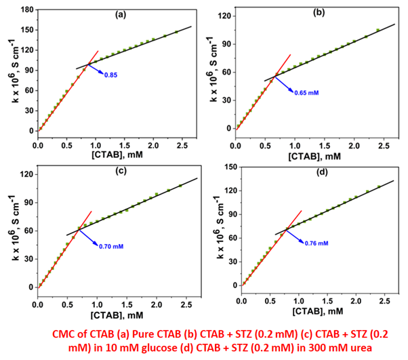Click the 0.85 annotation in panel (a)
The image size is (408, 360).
[x=112, y=75]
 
